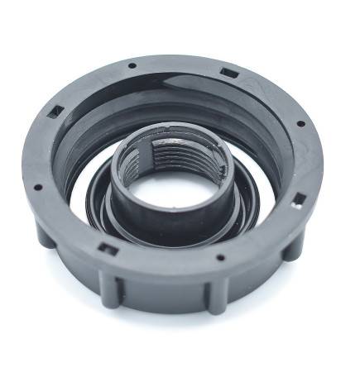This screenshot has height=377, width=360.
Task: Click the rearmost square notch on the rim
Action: [x=230, y=74]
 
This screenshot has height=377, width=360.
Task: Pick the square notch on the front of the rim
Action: [x=105, y=247]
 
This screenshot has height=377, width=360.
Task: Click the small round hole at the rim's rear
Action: [x=132, y=65]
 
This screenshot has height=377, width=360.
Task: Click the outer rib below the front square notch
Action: [x=112, y=285]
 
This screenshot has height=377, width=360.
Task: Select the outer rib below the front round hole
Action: [x=217, y=292]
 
